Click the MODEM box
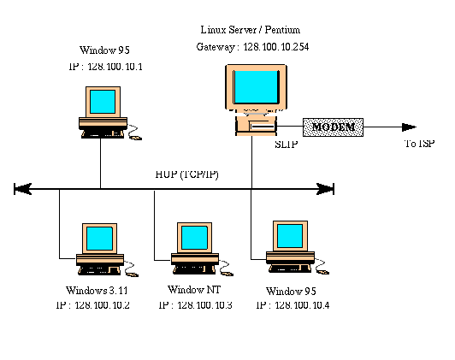click(333, 127)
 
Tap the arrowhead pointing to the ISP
click(409, 127)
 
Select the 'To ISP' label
click(420, 144)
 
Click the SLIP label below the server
click(287, 145)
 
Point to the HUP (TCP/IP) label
click(186, 174)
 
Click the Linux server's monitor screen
click(256, 86)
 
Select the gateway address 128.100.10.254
click(276, 47)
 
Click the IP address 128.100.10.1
click(115, 67)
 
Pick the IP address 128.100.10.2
click(102, 305)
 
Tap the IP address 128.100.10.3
click(204, 305)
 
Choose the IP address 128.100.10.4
click(302, 305)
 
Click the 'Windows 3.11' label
click(97, 290)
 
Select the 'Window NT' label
click(194, 289)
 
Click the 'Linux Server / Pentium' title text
click(251, 30)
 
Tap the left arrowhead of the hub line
click(22, 189)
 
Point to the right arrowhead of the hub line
click(325, 189)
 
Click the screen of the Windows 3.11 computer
click(99, 239)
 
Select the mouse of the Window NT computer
click(227, 273)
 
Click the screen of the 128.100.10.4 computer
click(290, 236)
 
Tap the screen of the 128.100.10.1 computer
click(103, 102)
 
